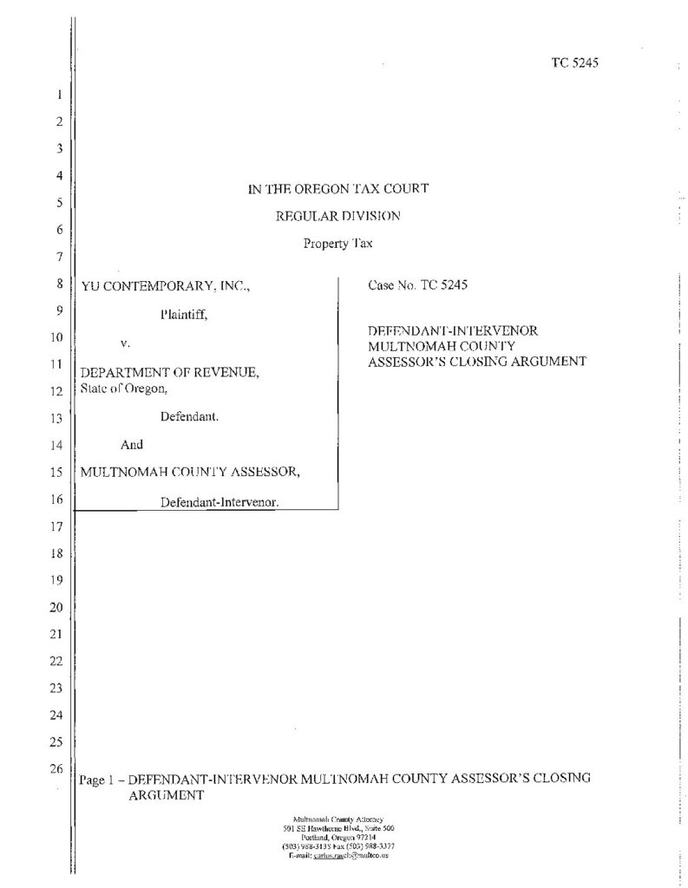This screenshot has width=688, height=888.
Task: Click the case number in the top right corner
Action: (x=575, y=62)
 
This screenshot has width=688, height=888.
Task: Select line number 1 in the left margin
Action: (x=59, y=95)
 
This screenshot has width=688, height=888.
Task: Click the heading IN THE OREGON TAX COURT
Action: (x=338, y=189)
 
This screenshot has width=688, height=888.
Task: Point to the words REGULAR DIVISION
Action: (x=338, y=216)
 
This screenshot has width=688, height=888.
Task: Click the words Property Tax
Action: (x=338, y=243)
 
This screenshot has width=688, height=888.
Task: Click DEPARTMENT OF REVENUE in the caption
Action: (x=169, y=372)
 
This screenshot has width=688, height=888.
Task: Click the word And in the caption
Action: (x=131, y=445)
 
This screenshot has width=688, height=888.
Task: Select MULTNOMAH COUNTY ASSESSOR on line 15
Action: (x=191, y=473)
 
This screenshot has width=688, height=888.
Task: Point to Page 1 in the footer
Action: (x=97, y=779)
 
